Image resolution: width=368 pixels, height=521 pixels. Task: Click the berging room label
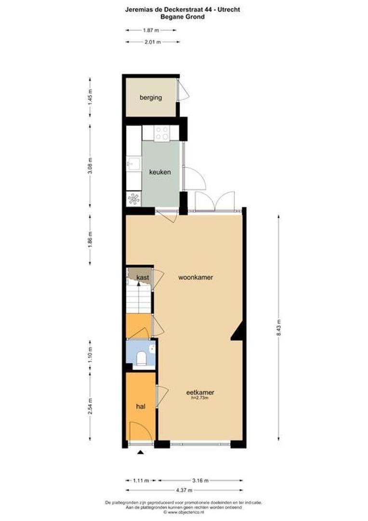(x=151, y=97)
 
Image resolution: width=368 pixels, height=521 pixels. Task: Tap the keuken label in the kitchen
(x=160, y=172)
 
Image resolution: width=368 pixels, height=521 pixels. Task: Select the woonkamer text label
(x=196, y=278)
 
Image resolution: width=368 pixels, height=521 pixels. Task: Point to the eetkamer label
(x=200, y=393)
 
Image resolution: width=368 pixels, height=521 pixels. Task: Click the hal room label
(x=141, y=407)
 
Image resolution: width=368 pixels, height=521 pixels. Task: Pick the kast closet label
(x=142, y=278)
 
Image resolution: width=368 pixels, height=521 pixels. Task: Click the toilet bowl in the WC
(x=142, y=358)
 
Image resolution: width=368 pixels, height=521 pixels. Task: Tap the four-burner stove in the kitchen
(x=161, y=133)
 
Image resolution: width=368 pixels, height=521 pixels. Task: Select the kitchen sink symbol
(x=132, y=164)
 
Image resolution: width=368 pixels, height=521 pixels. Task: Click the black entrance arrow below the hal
(x=140, y=452)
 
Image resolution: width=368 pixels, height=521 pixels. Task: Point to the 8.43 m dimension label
(x=278, y=329)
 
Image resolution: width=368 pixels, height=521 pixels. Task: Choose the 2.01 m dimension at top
(x=153, y=42)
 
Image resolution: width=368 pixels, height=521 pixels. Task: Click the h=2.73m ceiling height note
(x=200, y=398)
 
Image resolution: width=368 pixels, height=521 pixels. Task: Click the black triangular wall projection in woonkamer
(x=237, y=332)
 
